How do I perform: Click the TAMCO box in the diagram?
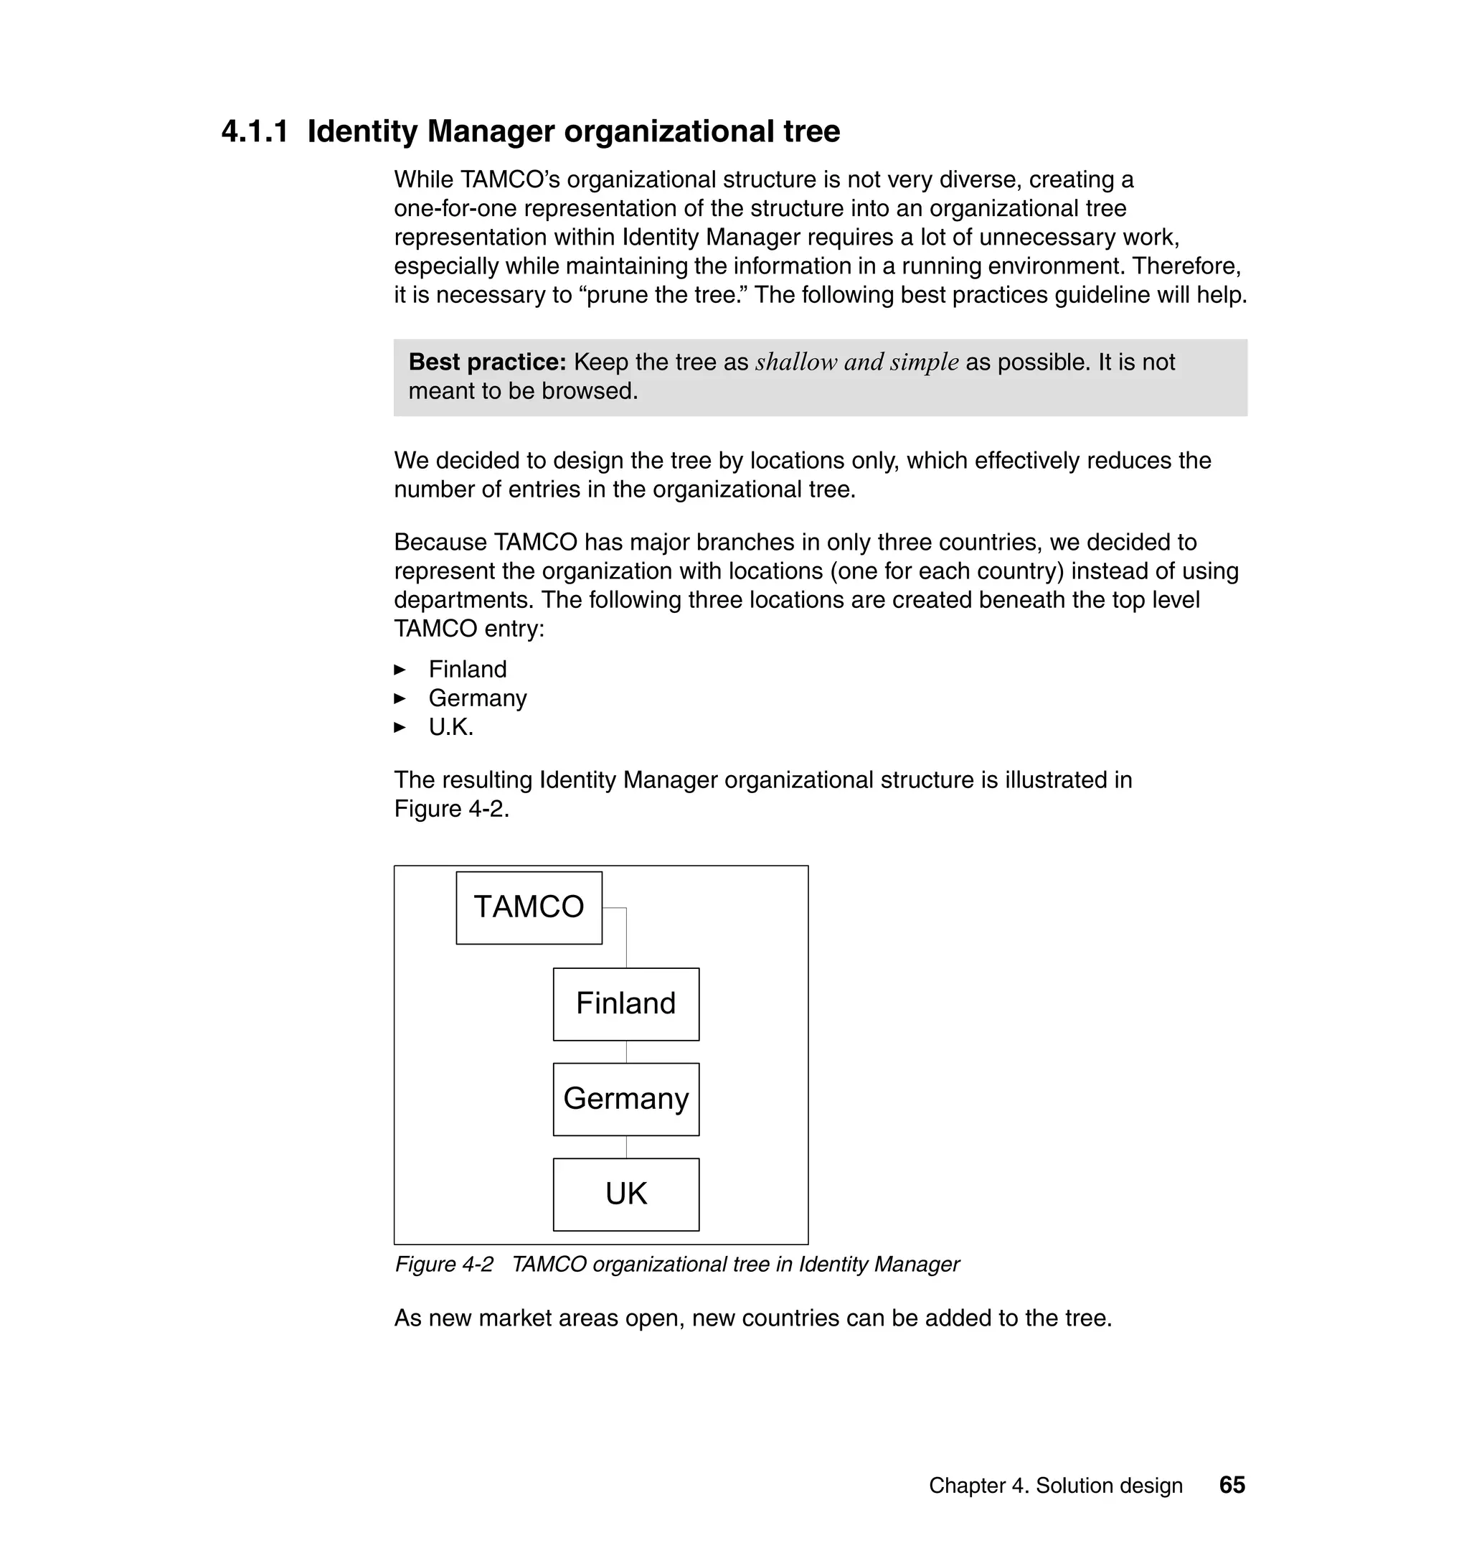click(x=529, y=907)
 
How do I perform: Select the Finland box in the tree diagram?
click(x=625, y=1003)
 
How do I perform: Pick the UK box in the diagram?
click(x=625, y=1194)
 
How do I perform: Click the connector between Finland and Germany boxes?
click(x=626, y=1051)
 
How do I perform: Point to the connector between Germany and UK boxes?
click(x=626, y=1146)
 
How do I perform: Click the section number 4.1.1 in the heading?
click(x=255, y=131)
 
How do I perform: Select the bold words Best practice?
click(x=486, y=362)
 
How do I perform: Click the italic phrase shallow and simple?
click(x=856, y=362)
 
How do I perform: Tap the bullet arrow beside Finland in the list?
click(x=400, y=669)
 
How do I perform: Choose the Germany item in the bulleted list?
click(x=477, y=698)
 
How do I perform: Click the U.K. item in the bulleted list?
click(x=450, y=727)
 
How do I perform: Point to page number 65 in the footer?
click(x=1232, y=1485)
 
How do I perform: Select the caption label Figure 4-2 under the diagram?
click(x=444, y=1264)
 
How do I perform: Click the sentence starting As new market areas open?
click(x=752, y=1318)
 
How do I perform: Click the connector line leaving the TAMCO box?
click(x=625, y=937)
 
